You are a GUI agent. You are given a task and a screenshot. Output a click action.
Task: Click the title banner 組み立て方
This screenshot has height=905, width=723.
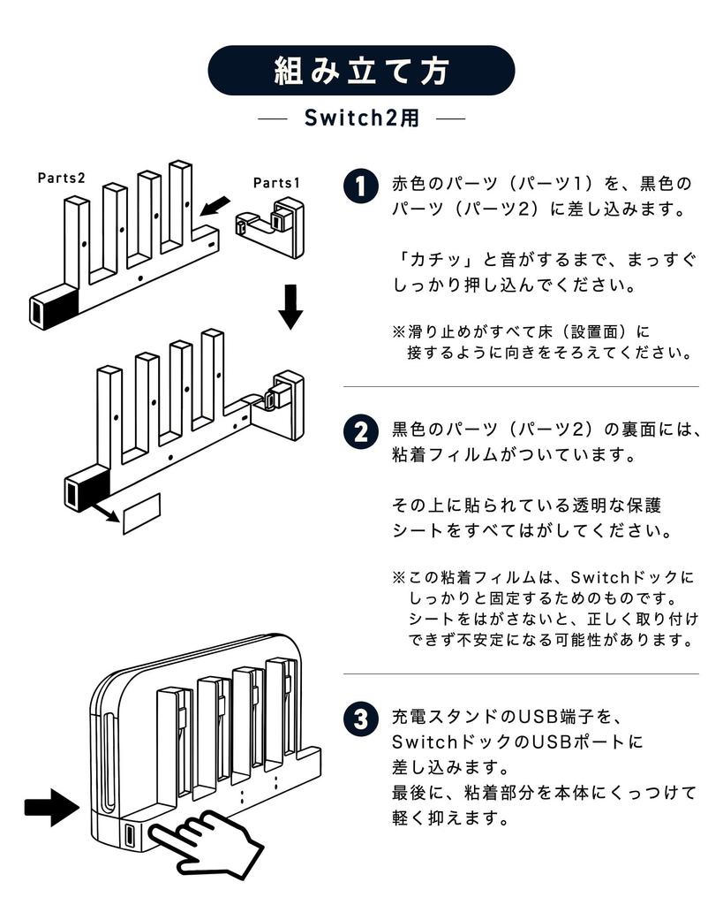361,71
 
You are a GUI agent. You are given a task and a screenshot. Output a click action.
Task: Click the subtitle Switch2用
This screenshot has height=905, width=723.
361,118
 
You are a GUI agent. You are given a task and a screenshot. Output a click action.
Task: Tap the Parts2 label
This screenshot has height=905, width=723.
61,178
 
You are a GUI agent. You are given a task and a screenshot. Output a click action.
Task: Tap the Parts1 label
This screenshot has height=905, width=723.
276,183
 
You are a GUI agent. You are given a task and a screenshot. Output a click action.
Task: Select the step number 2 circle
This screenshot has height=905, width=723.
360,432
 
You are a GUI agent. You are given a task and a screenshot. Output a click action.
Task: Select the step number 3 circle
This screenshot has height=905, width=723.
360,719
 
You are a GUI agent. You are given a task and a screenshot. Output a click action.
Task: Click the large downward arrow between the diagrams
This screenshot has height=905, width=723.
290,305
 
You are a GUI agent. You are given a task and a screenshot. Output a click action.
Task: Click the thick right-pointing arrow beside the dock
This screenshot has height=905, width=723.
51,805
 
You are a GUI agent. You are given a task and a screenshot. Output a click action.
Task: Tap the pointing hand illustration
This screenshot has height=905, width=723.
207,840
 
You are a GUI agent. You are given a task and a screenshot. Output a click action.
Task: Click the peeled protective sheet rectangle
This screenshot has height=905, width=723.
141,515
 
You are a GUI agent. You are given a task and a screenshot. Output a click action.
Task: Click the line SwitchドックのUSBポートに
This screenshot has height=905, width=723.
516,741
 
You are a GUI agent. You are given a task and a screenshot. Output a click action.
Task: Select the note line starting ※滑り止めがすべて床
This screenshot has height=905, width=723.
521,332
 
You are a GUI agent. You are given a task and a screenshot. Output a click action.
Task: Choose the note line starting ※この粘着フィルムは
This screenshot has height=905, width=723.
543,578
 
